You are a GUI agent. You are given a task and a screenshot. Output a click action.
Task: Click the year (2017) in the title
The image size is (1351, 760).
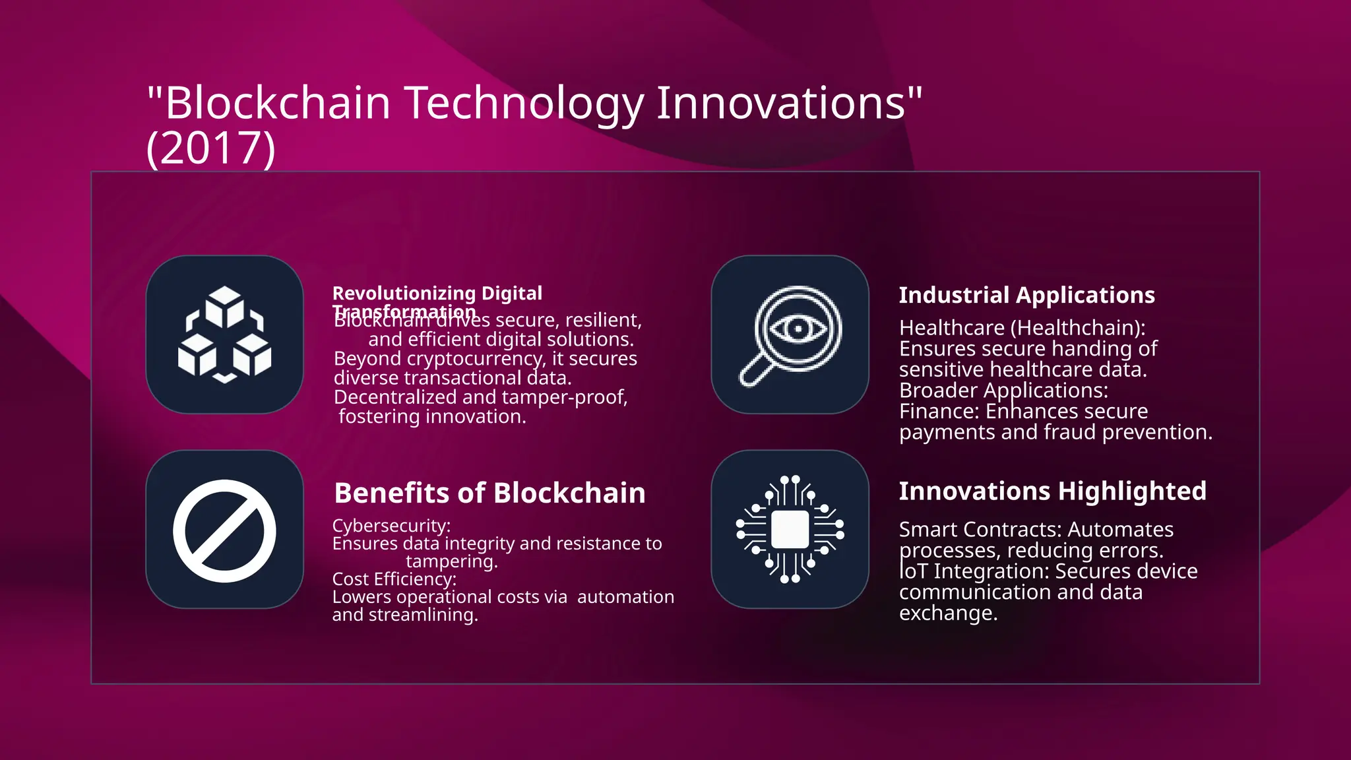click(210, 148)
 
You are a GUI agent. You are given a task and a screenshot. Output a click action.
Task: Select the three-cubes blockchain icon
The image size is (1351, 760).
click(224, 334)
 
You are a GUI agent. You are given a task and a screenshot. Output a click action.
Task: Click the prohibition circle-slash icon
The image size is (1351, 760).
click(224, 530)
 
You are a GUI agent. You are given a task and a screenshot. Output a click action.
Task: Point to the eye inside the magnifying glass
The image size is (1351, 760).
click(798, 328)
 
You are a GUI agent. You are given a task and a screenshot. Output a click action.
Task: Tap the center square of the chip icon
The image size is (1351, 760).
click(790, 529)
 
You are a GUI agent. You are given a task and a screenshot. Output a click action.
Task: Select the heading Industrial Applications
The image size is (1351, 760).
click(1026, 295)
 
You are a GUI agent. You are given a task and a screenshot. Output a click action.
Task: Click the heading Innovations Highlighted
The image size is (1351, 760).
click(1052, 491)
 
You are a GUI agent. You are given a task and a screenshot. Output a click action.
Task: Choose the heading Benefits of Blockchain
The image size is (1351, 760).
click(489, 493)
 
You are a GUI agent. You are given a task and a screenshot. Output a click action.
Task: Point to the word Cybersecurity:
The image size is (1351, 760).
click(391, 526)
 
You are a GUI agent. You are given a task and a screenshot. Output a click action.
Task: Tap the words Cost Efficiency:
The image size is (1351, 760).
click(394, 579)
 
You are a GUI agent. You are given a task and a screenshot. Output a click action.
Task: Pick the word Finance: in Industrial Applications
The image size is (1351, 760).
click(939, 411)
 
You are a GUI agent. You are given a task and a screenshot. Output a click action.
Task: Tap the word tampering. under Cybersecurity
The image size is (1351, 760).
click(452, 561)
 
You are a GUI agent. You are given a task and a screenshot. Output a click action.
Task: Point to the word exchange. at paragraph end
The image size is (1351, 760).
click(948, 613)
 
